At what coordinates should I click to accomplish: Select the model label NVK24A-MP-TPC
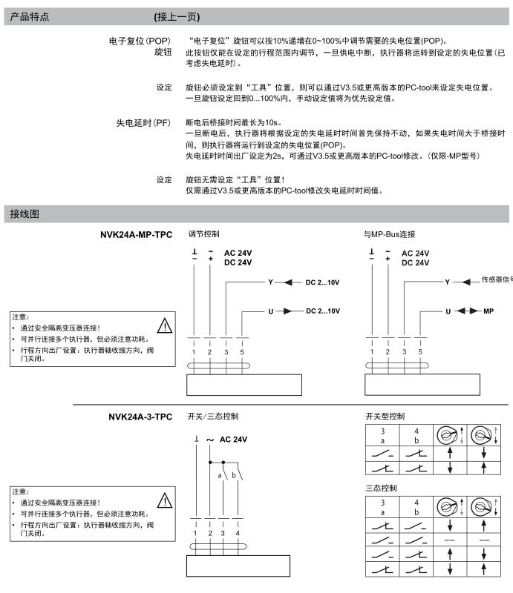(136, 235)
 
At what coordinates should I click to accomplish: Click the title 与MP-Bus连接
(395, 235)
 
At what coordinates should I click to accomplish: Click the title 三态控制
(381, 488)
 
